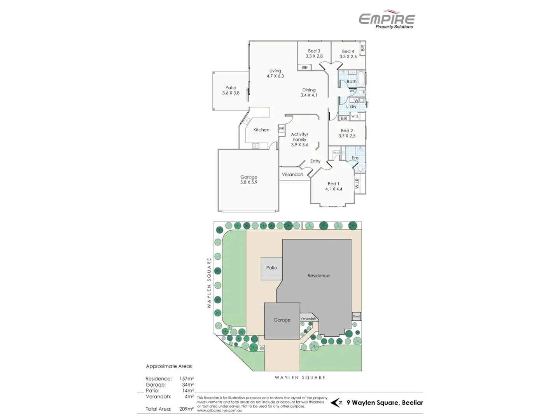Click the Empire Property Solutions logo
tap(387, 19)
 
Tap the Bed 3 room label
tap(314, 51)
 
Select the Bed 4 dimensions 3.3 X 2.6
tap(348, 57)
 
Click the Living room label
tap(275, 71)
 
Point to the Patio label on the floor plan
tap(231, 88)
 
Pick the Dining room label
tap(309, 90)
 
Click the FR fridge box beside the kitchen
tap(281, 129)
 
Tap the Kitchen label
tap(261, 130)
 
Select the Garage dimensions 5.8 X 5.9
tap(248, 182)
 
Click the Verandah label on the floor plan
tap(292, 175)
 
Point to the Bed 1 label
tap(333, 184)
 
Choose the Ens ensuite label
tap(355, 158)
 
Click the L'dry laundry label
tap(351, 107)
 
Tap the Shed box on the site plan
tap(356, 316)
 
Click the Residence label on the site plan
tap(318, 276)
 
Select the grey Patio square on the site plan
tap(271, 268)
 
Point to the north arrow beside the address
tap(336, 403)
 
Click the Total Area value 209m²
tap(186, 409)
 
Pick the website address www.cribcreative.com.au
tap(219, 411)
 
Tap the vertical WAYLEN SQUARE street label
tap(209, 283)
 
